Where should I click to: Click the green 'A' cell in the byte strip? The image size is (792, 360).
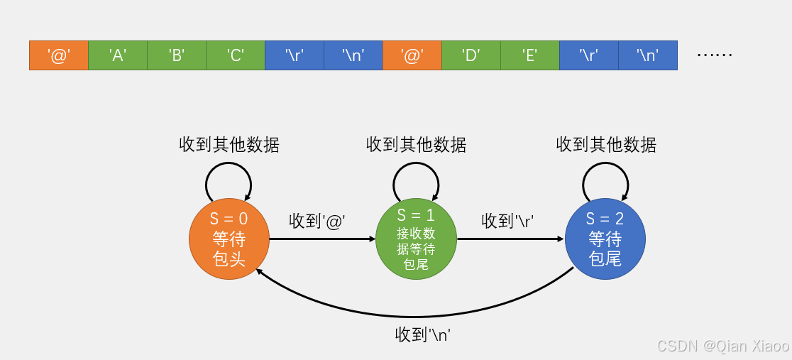[118, 55]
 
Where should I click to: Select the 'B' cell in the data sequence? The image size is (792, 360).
[177, 55]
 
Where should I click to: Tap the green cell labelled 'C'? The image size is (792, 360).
[236, 55]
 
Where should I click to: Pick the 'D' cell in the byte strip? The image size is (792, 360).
[471, 55]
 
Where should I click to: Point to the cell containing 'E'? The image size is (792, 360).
[529, 55]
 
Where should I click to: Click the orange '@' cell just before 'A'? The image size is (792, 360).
[59, 55]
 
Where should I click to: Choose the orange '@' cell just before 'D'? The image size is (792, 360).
[412, 55]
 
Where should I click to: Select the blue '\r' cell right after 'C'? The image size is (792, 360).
[295, 55]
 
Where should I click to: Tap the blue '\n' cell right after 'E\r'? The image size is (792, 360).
[647, 55]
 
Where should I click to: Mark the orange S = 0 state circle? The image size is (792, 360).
[229, 239]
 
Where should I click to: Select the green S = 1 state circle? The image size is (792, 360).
[417, 239]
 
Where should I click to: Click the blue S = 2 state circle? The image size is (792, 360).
[605, 239]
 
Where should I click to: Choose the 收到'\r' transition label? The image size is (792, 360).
[507, 221]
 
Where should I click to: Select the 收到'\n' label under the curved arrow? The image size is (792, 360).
[424, 334]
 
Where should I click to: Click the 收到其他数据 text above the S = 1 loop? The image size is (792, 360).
[417, 145]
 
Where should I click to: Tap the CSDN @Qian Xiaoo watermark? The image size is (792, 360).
[722, 347]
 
